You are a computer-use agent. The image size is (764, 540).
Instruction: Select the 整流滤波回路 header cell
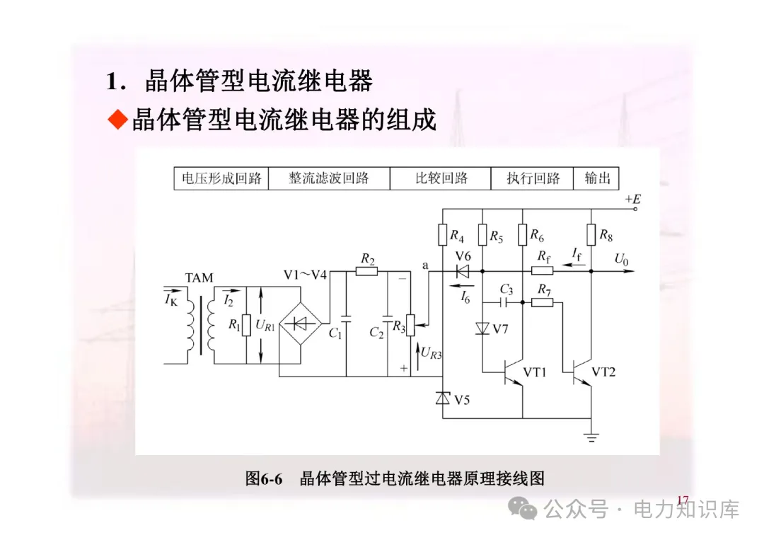click(329, 178)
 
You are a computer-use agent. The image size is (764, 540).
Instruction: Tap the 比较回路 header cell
click(441, 178)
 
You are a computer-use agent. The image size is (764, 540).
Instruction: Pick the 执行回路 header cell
click(532, 178)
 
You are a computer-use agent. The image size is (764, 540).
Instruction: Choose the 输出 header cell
click(597, 178)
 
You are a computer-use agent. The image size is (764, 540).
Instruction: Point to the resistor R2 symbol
click(366, 270)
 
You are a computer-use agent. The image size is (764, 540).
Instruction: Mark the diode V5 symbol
click(443, 398)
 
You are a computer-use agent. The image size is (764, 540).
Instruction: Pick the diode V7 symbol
click(482, 328)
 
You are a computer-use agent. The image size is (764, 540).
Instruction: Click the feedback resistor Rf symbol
click(542, 270)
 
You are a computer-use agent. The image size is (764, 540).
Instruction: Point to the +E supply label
click(632, 200)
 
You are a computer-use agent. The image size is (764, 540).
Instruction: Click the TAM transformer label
click(199, 278)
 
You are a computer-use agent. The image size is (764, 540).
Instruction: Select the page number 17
click(682, 501)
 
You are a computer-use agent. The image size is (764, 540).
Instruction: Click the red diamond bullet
click(117, 120)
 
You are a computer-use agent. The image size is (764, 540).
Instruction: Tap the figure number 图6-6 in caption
click(264, 478)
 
